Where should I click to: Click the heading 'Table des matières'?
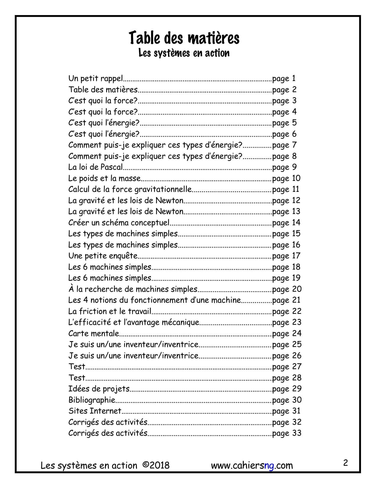point(184,38)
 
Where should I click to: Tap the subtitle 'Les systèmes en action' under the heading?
point(184,53)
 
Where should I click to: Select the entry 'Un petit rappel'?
point(96,78)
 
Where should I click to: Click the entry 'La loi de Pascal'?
point(96,167)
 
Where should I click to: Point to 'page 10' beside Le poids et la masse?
point(286,178)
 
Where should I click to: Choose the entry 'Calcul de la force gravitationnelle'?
point(130,189)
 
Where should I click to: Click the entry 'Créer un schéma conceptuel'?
point(119,223)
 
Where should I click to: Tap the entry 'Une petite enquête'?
point(103,256)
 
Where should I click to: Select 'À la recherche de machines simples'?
point(133,289)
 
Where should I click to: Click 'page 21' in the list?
point(286,300)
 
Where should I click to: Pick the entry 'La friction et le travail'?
point(110,311)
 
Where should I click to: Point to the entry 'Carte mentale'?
point(93,333)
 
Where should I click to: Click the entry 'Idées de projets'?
point(99,389)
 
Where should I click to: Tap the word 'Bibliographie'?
point(92,400)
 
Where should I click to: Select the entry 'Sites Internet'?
point(95,411)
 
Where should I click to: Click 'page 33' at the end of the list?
point(287,433)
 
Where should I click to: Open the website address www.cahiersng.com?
point(252,466)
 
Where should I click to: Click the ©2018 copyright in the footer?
point(156,465)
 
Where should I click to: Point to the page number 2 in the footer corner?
point(345,463)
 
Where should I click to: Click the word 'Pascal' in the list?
point(111,167)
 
